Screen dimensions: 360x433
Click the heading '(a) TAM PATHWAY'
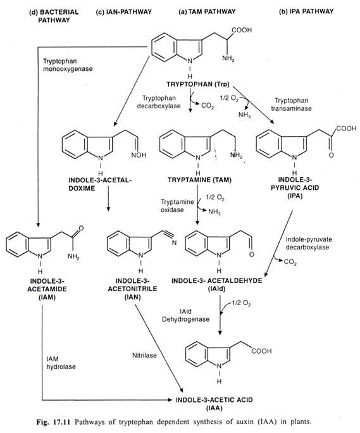(207, 11)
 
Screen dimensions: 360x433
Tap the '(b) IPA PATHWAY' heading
(306, 11)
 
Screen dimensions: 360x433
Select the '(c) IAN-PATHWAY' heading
(124, 12)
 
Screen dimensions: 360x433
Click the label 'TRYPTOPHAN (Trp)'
(198, 84)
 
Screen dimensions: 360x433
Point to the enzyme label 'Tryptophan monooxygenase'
(68, 65)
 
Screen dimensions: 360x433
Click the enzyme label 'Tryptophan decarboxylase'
(159, 102)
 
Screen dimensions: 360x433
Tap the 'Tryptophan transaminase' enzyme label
(291, 104)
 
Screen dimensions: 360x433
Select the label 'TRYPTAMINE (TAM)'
(199, 180)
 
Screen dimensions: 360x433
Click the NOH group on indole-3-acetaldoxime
(139, 155)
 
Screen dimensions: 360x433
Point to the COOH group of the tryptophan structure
(242, 30)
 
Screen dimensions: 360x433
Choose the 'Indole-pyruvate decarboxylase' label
(309, 243)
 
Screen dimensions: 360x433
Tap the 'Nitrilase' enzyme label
(144, 355)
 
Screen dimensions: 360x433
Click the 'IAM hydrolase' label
(61, 363)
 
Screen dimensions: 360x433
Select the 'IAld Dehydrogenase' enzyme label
(185, 315)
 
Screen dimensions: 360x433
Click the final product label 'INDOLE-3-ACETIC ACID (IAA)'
(214, 403)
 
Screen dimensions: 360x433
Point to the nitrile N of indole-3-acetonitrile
(174, 242)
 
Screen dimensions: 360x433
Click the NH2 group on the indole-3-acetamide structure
(74, 256)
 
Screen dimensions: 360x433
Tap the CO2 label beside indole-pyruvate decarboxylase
(290, 261)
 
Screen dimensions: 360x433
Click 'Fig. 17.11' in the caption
(54, 422)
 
